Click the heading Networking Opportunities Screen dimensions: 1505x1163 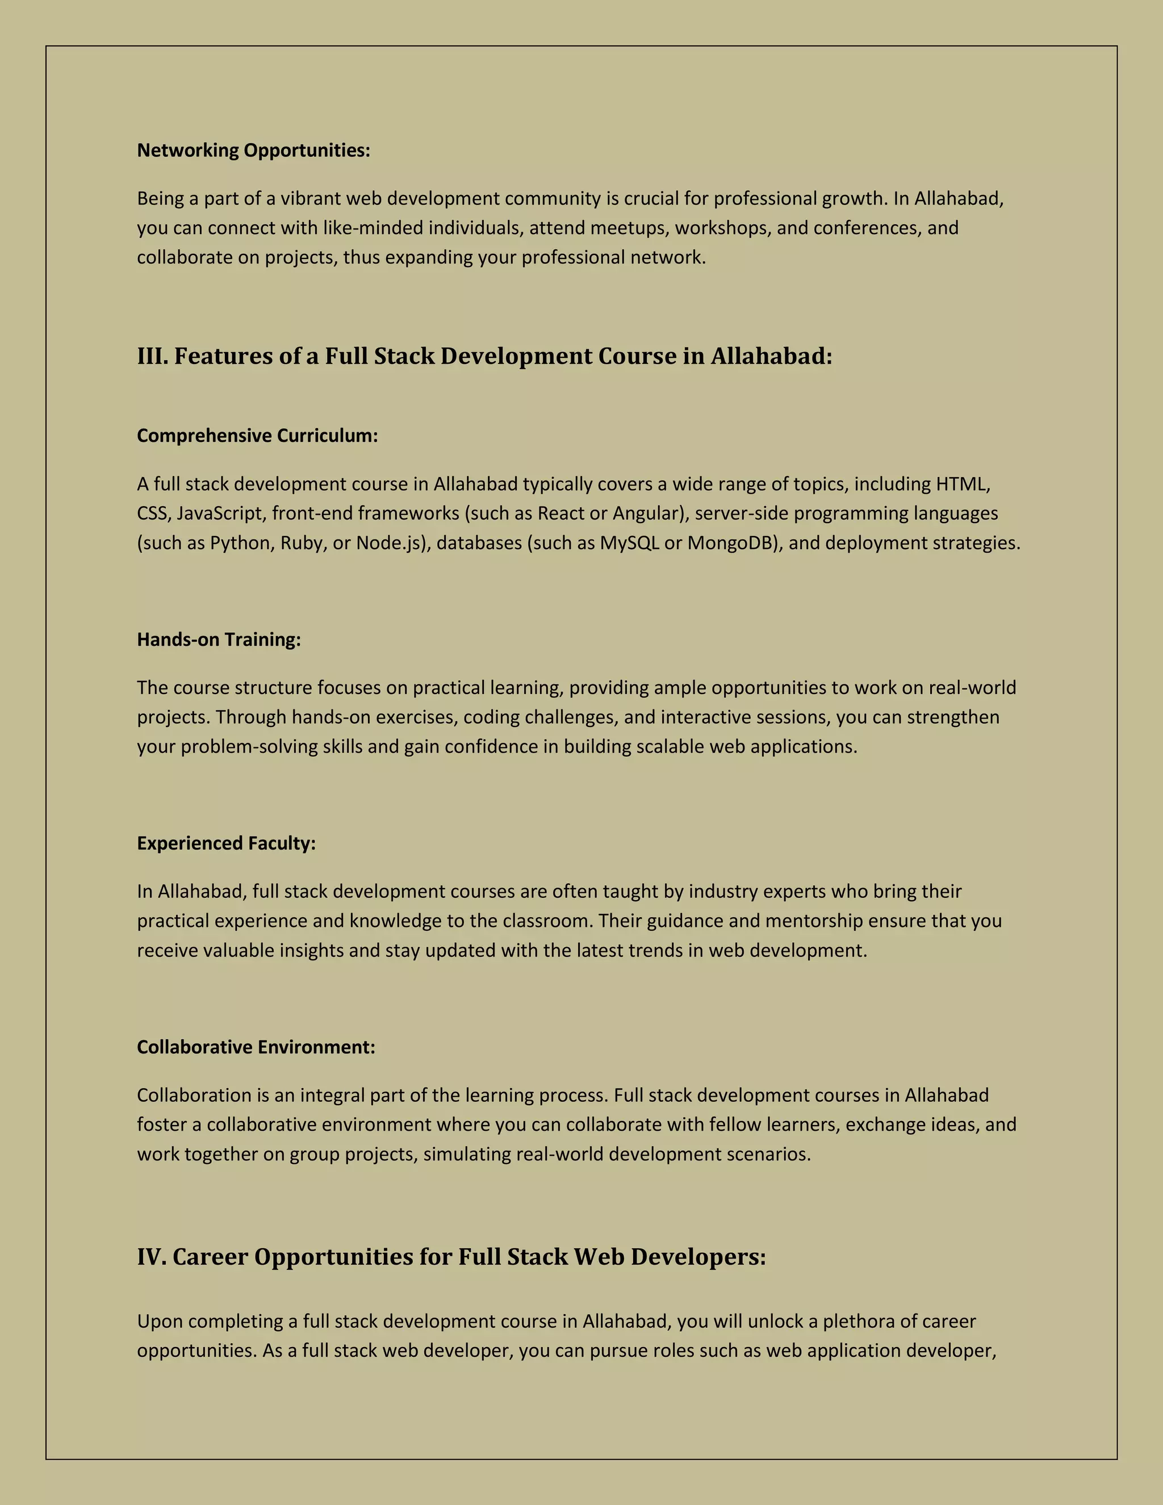[x=253, y=150]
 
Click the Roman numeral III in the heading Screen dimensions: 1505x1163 [x=152, y=356]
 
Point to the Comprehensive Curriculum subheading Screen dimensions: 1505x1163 [x=257, y=436]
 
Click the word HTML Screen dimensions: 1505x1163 [x=962, y=484]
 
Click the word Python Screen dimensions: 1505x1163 [x=240, y=543]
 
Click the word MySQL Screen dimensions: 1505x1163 [x=629, y=543]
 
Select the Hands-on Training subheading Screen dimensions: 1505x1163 [x=219, y=639]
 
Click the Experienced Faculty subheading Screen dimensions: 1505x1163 [x=226, y=843]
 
